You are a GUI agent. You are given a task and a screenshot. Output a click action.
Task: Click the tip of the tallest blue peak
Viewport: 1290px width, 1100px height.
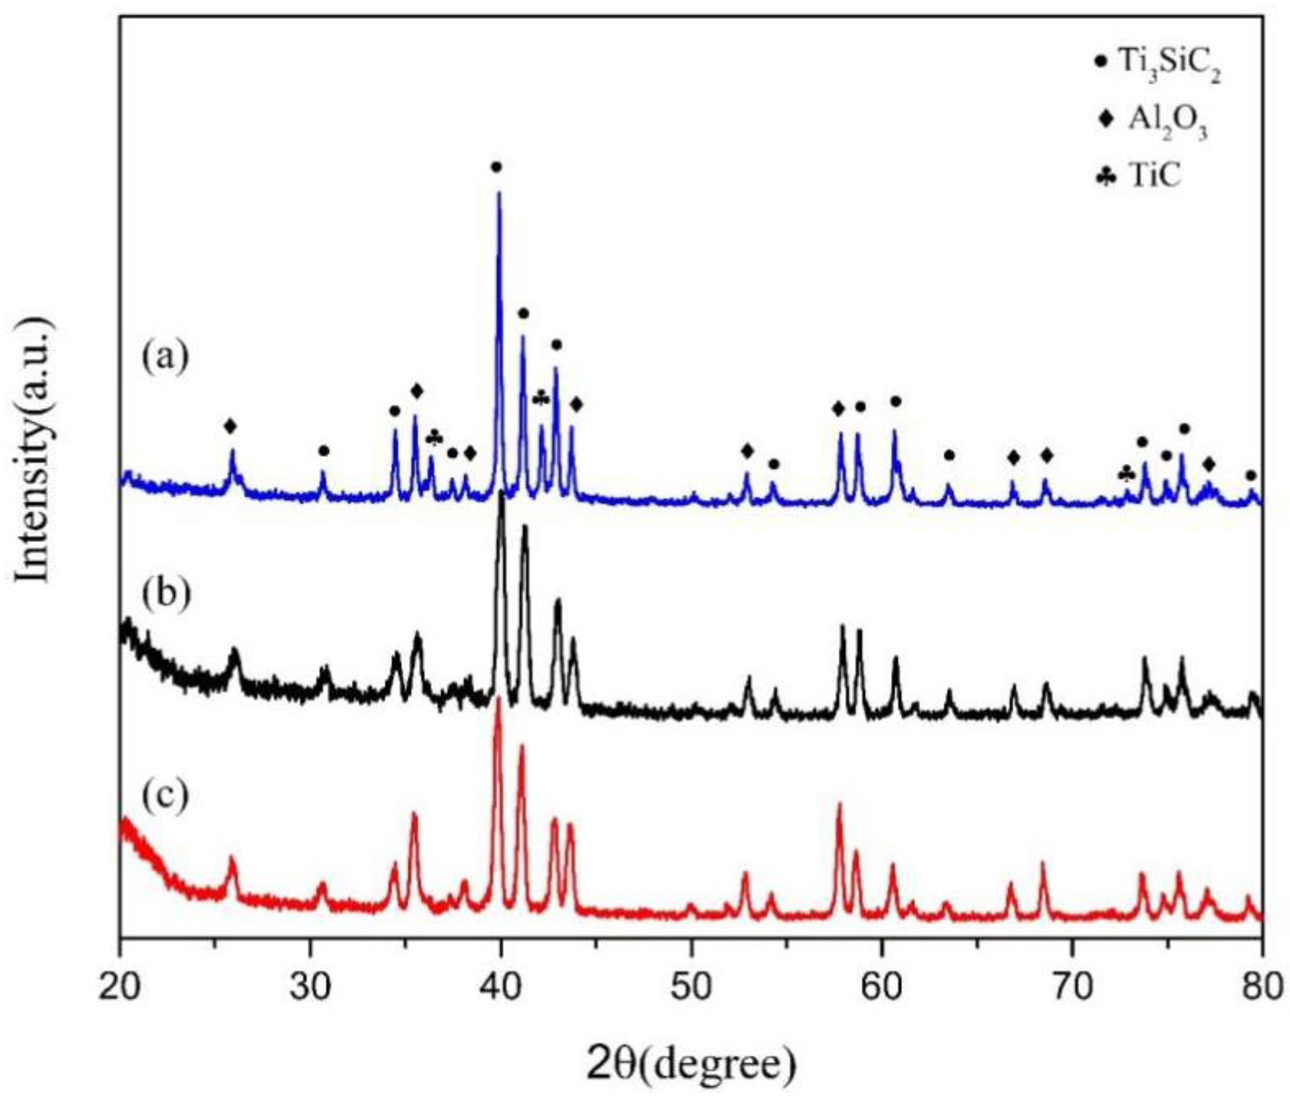point(499,193)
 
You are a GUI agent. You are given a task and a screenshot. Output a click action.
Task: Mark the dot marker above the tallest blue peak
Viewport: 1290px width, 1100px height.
point(496,167)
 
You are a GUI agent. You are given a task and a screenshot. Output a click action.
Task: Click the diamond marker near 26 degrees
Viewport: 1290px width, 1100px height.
point(231,426)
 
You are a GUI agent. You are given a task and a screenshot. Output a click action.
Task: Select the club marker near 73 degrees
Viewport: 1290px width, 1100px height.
point(1127,475)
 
